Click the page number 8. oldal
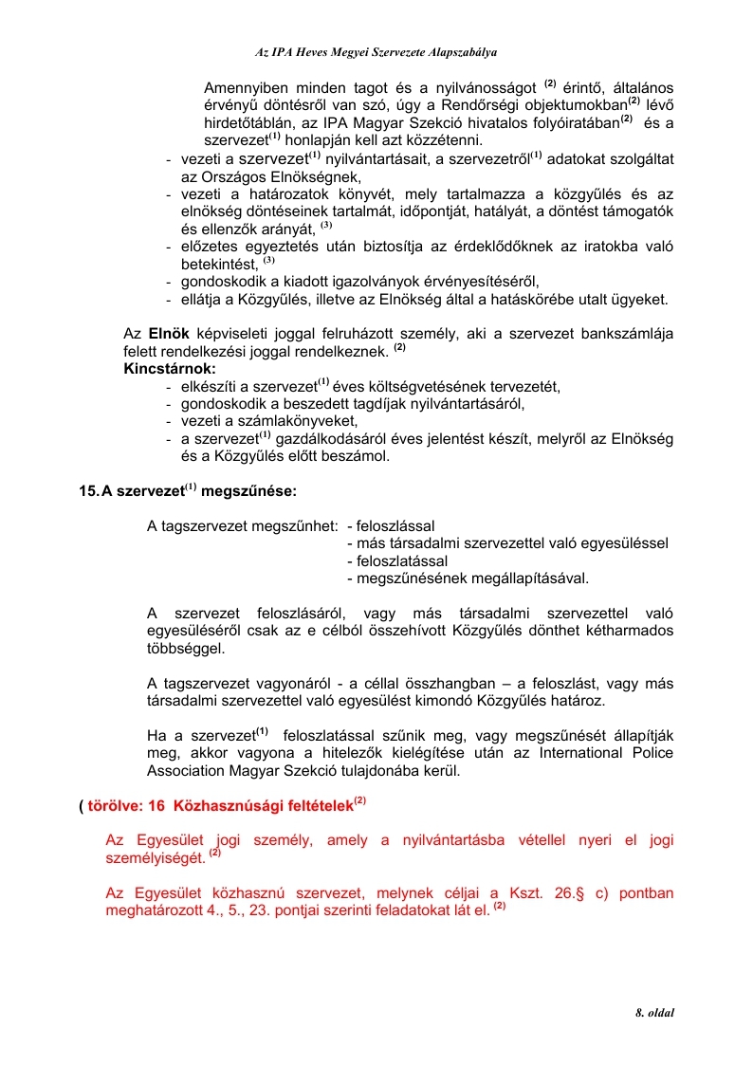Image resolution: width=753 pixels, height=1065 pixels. (654, 1013)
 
